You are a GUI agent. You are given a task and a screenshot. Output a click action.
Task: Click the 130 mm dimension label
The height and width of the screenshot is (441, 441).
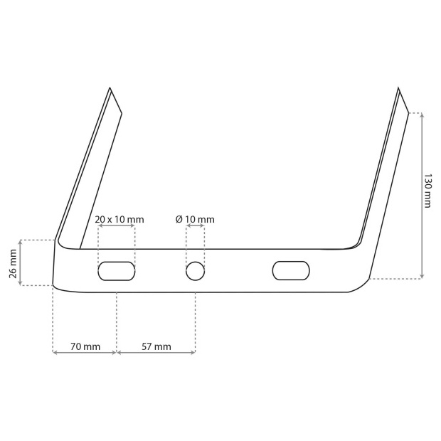click(427, 191)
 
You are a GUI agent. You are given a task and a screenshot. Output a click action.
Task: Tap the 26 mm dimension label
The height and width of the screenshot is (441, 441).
click(14, 263)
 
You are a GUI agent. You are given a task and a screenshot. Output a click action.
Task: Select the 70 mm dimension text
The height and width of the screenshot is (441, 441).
click(85, 346)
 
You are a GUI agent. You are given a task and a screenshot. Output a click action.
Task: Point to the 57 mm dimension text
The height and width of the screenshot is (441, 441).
click(156, 346)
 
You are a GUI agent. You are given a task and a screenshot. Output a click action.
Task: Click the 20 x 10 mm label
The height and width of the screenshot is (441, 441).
click(119, 219)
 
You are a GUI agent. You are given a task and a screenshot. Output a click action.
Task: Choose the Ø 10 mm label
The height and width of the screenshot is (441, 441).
click(195, 219)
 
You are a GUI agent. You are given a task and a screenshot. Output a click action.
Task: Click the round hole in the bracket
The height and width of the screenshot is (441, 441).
click(195, 271)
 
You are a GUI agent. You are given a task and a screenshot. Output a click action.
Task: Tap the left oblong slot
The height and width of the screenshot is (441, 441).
click(117, 271)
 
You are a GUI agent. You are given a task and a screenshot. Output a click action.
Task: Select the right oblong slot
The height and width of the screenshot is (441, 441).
click(291, 270)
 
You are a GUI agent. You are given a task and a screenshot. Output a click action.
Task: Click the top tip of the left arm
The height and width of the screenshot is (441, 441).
click(110, 87)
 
